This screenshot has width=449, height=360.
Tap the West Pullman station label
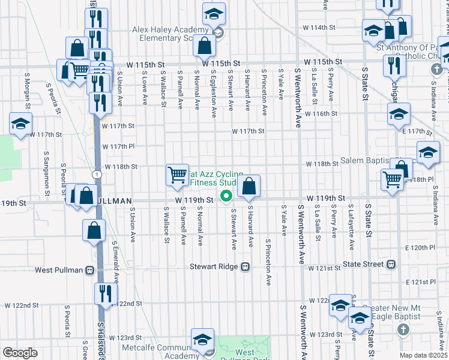[58, 270]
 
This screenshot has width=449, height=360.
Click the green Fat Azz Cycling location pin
[226, 195]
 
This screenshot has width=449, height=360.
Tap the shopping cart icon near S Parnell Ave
[178, 175]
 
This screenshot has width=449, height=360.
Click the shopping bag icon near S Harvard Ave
[249, 187]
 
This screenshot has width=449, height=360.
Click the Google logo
[20, 352]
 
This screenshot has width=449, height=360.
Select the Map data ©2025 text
[423, 355]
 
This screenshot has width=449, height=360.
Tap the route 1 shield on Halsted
[96, 174]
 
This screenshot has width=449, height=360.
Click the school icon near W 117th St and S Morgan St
[20, 124]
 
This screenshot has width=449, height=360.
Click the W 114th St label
[318, 28]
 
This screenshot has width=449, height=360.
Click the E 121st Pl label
[420, 281]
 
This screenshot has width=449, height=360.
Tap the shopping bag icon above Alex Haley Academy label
[205, 45]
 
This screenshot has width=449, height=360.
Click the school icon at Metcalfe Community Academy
[203, 340]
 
